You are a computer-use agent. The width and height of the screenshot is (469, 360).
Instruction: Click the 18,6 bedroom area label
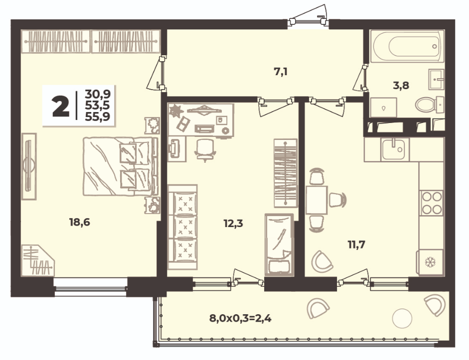point(80,222)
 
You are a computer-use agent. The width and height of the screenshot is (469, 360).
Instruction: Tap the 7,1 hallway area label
point(281,72)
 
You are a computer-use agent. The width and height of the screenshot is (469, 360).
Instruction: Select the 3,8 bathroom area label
point(401,86)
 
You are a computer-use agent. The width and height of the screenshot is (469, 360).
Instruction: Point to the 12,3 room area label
point(233,223)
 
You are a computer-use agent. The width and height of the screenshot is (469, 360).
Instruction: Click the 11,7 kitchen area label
point(356,244)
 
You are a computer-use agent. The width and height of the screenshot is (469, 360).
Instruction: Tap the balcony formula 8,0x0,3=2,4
point(240,318)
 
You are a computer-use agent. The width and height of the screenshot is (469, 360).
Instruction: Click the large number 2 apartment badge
point(61,107)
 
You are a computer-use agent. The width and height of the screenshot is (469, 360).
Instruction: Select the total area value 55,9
point(98,116)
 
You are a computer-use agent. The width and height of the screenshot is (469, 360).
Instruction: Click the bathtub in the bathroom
point(407,46)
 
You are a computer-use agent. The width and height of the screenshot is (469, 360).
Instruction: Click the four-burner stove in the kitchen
point(431,203)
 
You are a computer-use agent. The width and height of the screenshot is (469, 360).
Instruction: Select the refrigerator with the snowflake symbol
point(430,262)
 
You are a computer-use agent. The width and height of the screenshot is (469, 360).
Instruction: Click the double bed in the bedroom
point(120,166)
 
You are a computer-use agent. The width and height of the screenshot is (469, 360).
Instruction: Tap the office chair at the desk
point(205,150)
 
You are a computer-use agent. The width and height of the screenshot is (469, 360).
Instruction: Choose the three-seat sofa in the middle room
point(182,227)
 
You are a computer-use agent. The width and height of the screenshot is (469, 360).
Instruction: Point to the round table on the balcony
point(402,319)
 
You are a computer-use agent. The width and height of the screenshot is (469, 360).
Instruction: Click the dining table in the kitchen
point(316,200)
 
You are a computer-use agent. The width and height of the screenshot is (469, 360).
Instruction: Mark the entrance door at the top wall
point(308,21)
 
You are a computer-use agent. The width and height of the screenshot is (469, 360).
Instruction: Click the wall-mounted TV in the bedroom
point(29,166)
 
